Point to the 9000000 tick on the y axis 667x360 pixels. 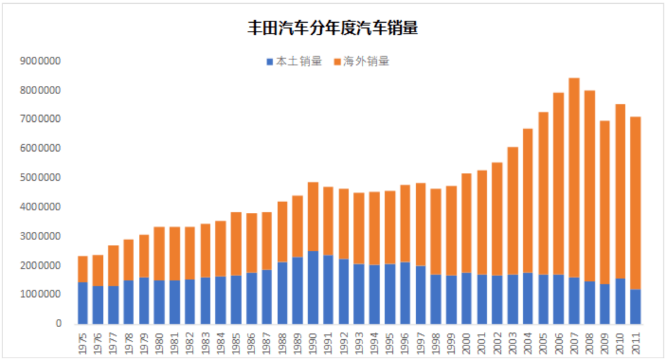click(x=40, y=61)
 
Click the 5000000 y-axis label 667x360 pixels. click(x=40, y=178)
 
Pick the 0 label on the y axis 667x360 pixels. click(x=59, y=323)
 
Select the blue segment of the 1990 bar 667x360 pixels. click(x=313, y=287)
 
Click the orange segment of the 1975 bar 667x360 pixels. click(x=83, y=269)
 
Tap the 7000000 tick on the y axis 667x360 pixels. click(x=40, y=119)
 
